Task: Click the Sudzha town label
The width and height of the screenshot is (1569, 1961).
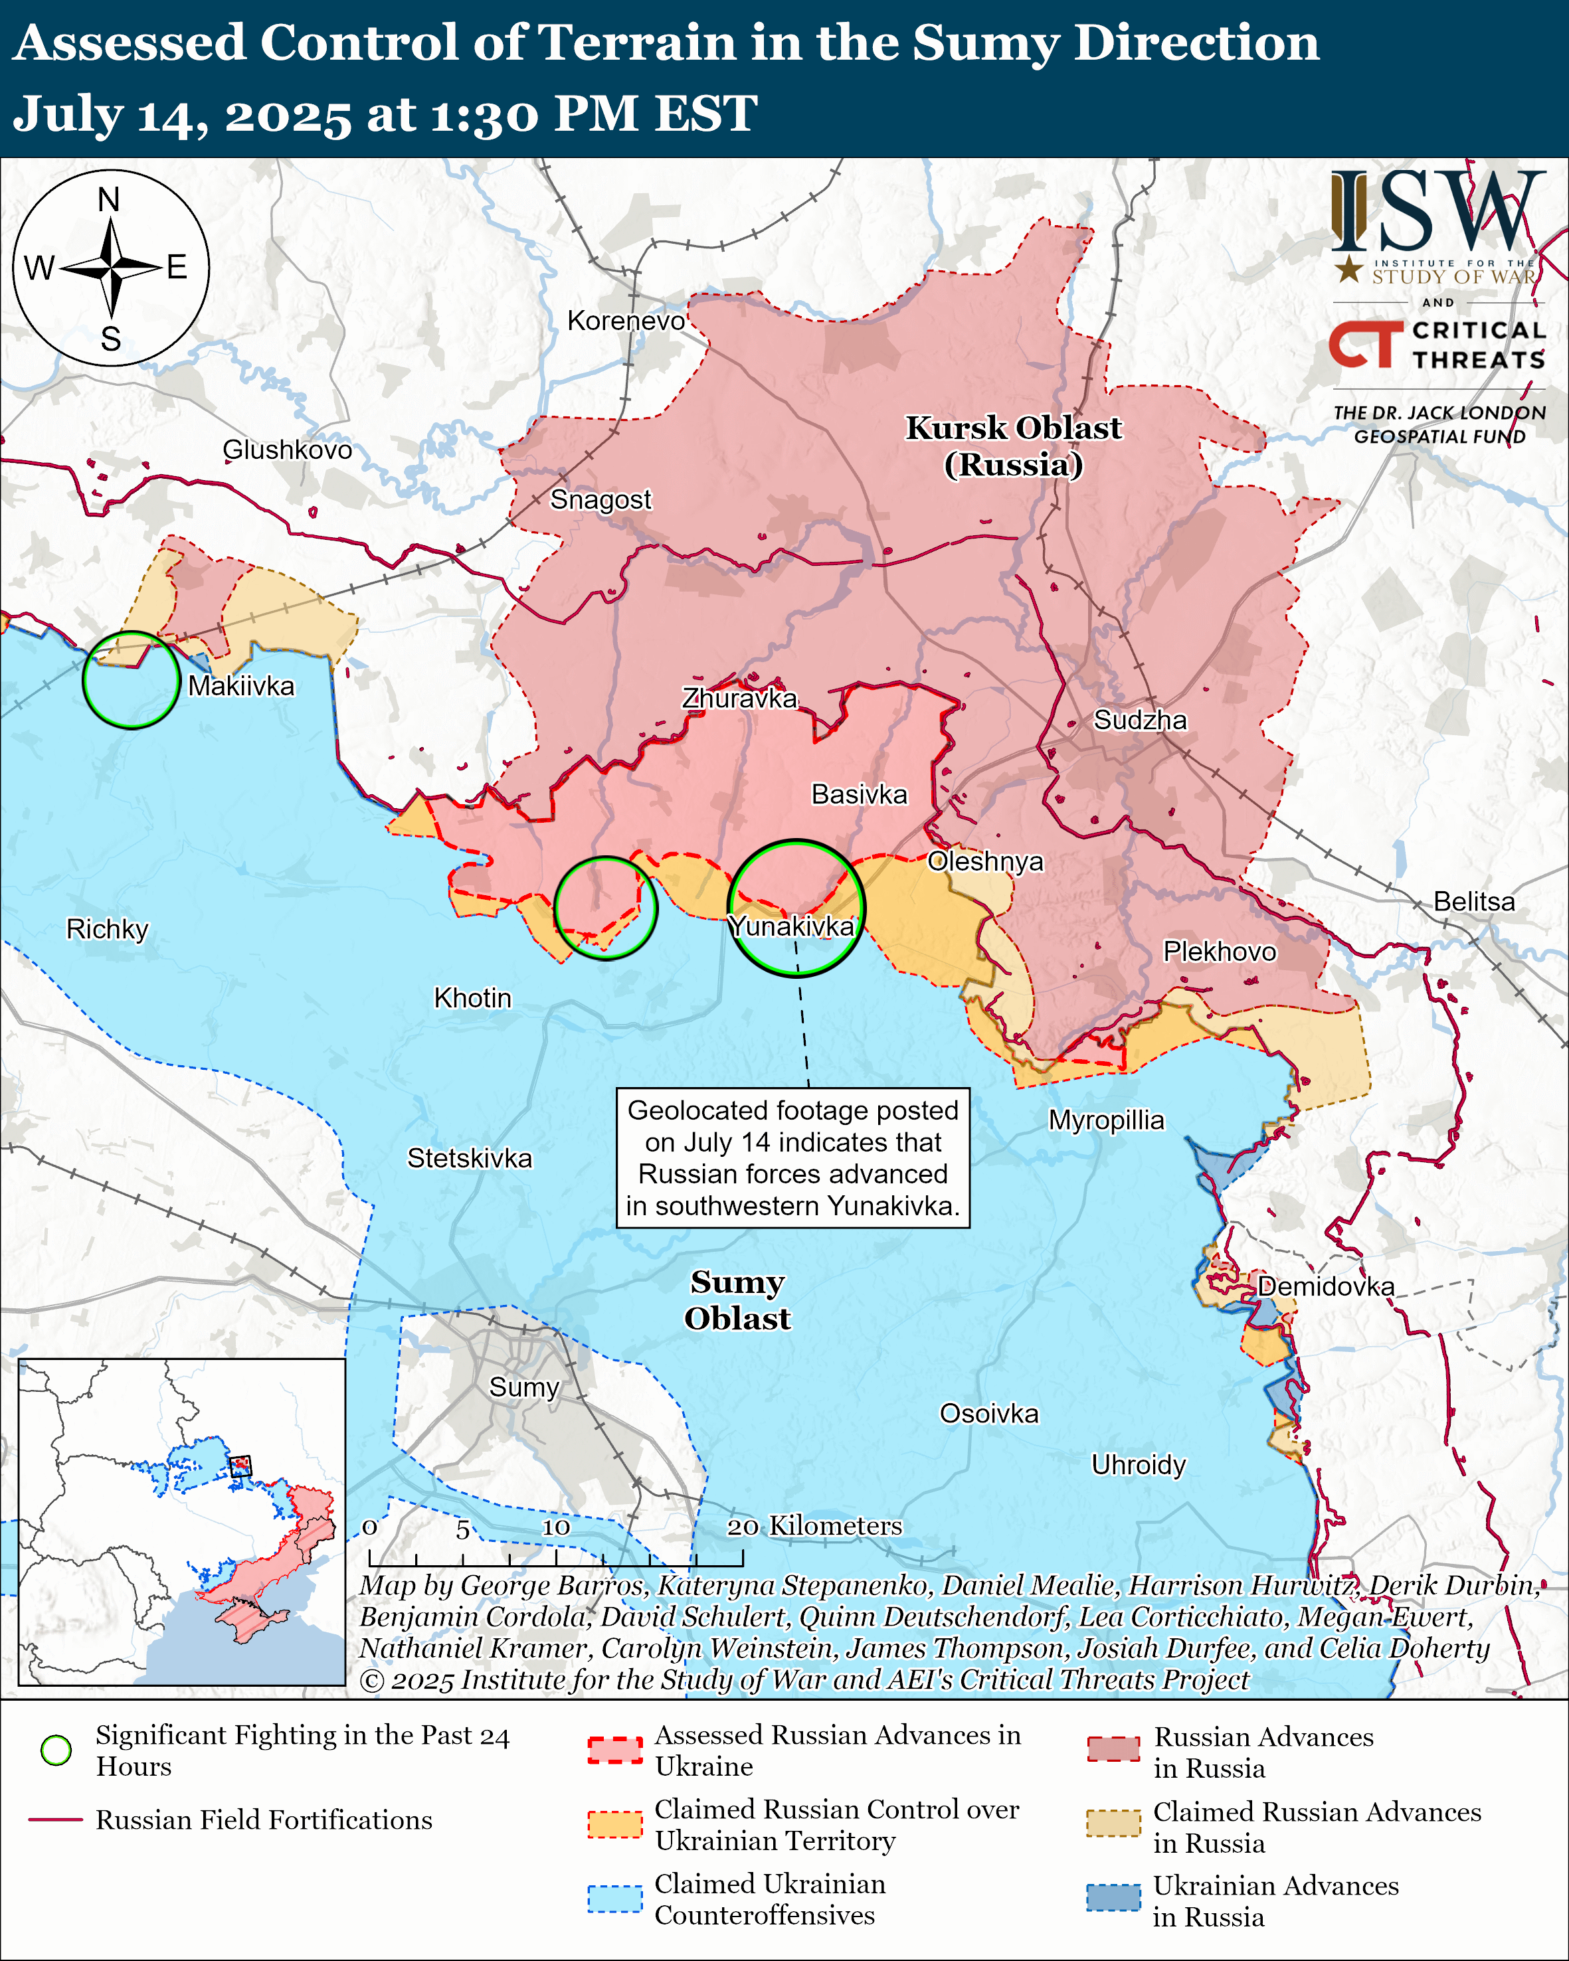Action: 1140,721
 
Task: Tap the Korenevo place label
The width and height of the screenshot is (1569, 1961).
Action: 626,321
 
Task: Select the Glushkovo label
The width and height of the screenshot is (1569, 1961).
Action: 288,450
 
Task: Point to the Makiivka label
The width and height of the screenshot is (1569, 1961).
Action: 241,686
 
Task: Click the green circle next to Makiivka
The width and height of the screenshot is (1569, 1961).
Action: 131,681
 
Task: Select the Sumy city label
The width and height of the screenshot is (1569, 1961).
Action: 524,1387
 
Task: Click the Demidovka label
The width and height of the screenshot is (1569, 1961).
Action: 1325,1286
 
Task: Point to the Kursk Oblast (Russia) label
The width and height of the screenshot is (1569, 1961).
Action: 1013,446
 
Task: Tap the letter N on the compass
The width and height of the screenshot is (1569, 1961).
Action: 109,200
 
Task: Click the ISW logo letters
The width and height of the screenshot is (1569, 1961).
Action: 1437,212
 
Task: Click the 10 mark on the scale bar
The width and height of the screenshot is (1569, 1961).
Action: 556,1527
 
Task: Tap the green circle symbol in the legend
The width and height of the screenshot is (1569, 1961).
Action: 56,1749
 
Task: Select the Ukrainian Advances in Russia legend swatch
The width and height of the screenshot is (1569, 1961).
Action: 1113,1897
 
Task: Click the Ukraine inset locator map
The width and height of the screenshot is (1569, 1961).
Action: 182,1521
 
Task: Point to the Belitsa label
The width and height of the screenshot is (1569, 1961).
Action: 1473,901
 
